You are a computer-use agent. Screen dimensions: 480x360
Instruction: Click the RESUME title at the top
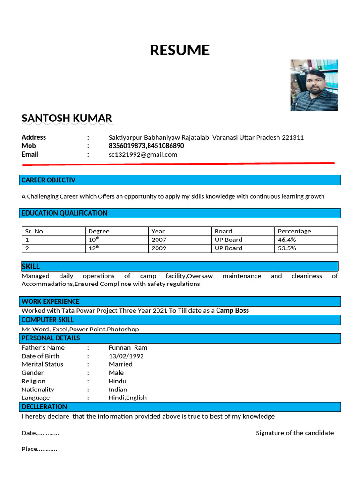pyautogui.click(x=180, y=50)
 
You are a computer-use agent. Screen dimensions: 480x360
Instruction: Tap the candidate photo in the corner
pyautogui.click(x=314, y=85)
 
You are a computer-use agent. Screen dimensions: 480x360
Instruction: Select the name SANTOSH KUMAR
pyautogui.click(x=67, y=118)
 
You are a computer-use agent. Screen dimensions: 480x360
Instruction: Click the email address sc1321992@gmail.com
pyautogui.click(x=143, y=154)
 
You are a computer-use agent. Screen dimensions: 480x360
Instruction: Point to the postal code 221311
pyautogui.click(x=292, y=137)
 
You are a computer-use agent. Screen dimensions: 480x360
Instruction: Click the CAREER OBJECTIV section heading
pyautogui.click(x=48, y=180)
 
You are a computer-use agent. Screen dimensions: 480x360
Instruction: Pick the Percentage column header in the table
pyautogui.click(x=294, y=231)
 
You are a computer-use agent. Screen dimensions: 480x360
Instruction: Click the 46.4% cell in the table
pyautogui.click(x=287, y=240)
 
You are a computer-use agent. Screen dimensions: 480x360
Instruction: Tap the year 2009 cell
pyautogui.click(x=159, y=248)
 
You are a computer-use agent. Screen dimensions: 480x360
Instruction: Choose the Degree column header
pyautogui.click(x=99, y=231)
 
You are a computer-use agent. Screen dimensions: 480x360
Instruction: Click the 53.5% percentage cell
pyautogui.click(x=287, y=248)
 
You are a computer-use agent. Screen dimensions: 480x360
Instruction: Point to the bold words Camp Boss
pyautogui.click(x=232, y=310)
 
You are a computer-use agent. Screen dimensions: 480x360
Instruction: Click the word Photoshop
pyautogui.click(x=123, y=329)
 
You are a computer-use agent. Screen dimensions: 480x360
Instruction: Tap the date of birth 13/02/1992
pyautogui.click(x=126, y=356)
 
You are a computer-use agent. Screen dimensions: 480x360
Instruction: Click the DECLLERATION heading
pyautogui.click(x=45, y=406)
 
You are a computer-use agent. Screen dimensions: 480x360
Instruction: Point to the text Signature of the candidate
pyautogui.click(x=295, y=433)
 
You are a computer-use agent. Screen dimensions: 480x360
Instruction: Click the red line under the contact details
pyautogui.click(x=178, y=164)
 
